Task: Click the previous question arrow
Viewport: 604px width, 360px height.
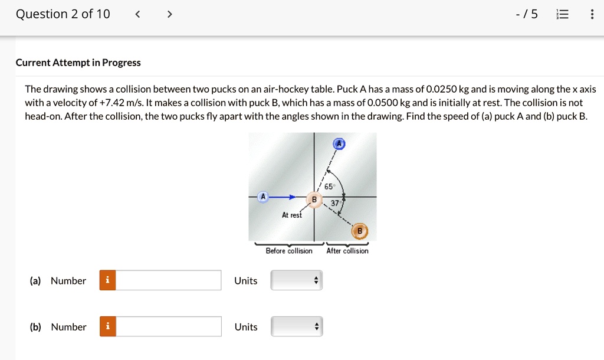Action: click(137, 14)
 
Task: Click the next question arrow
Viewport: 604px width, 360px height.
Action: click(169, 14)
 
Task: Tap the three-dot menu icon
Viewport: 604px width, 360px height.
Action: click(592, 14)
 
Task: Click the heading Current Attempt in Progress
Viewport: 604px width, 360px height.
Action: click(78, 63)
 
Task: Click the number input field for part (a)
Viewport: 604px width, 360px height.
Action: click(169, 280)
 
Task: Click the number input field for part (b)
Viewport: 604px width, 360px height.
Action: click(169, 326)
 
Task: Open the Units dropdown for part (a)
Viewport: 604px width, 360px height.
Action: click(297, 280)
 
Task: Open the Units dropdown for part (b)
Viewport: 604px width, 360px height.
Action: click(297, 326)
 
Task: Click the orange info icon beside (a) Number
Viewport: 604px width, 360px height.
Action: click(108, 280)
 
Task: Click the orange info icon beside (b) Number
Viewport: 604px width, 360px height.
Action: click(108, 326)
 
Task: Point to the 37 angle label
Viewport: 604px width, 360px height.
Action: click(334, 203)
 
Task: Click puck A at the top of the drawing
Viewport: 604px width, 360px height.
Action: click(339, 143)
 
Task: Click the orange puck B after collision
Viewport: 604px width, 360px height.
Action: click(360, 231)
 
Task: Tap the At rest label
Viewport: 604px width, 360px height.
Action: click(291, 215)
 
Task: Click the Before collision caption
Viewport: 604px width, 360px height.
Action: click(289, 251)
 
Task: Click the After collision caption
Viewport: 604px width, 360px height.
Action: click(347, 251)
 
